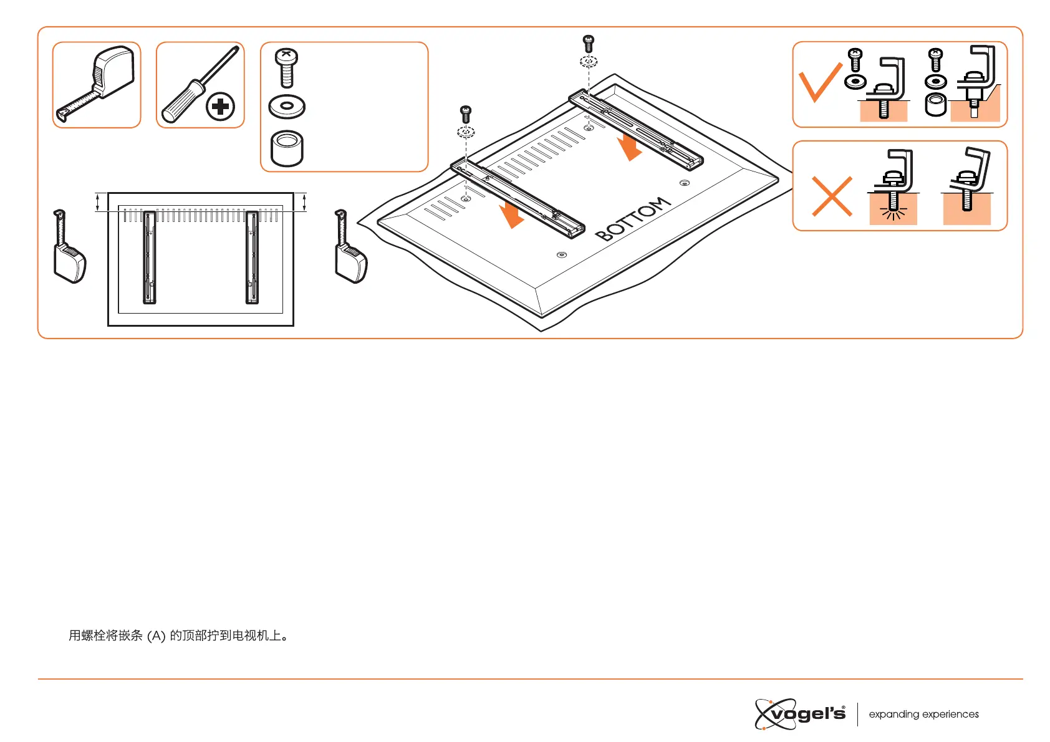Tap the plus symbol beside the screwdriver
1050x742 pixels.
point(220,106)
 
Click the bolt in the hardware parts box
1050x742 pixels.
point(286,67)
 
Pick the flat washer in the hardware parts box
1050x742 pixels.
point(287,106)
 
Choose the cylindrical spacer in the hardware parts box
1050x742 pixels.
point(287,148)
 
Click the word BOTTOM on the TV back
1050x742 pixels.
point(632,219)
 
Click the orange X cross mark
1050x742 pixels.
point(832,196)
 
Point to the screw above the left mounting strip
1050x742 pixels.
point(466,114)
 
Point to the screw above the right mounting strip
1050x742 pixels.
point(588,44)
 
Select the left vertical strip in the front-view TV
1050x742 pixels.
point(150,257)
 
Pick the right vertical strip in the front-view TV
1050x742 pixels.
point(252,257)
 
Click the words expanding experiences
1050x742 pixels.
point(923,715)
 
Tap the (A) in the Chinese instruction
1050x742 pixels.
point(156,636)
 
